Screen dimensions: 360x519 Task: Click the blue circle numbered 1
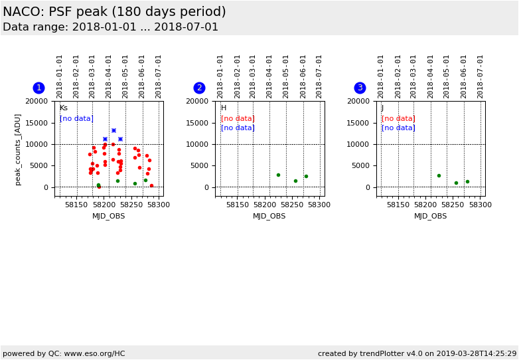[x=38, y=88]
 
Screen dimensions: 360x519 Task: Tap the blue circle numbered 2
[x=199, y=88]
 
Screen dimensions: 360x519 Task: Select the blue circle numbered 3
[x=360, y=88]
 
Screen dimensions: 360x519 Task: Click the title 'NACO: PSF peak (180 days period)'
[x=114, y=12]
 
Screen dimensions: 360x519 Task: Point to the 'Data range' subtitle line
[x=110, y=27]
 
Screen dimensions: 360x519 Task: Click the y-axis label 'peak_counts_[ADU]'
[x=18, y=149]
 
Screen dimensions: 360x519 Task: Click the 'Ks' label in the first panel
[x=64, y=108]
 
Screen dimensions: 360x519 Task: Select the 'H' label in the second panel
[x=224, y=108]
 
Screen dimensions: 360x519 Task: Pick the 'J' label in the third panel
[x=382, y=108]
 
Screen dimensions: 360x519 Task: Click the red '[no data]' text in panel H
[x=238, y=119]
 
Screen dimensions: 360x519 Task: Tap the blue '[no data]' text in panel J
[x=398, y=128]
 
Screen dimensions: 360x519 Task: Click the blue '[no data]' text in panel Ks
[x=76, y=119]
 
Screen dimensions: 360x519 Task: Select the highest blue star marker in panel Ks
[x=113, y=131]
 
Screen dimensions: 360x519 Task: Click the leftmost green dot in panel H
[x=278, y=175]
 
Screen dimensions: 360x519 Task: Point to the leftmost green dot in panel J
[x=439, y=176]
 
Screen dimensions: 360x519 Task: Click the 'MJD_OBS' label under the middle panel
[x=269, y=216]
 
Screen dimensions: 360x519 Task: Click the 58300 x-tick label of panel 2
[x=319, y=205]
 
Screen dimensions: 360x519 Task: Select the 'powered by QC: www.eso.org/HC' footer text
[x=64, y=353]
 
